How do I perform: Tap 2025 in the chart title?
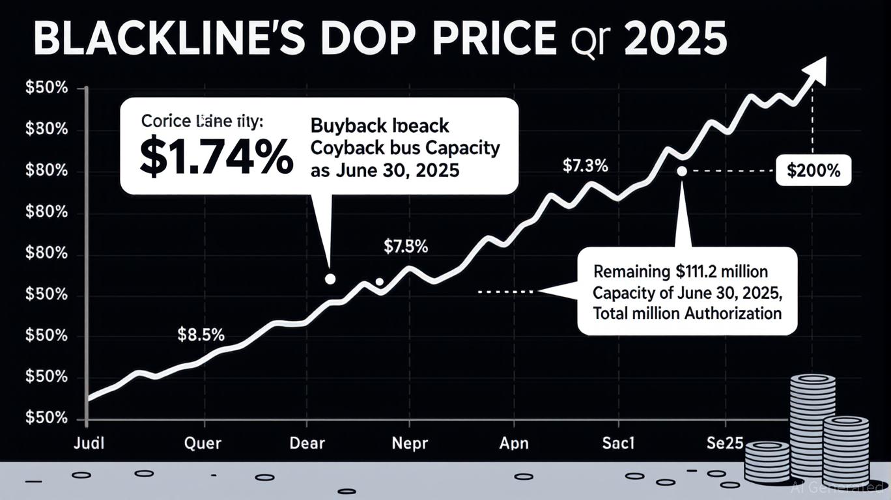click(675, 40)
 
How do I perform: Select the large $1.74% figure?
click(216, 159)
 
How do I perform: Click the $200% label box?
click(813, 172)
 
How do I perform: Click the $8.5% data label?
click(201, 335)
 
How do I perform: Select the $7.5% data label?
click(405, 247)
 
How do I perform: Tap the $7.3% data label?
click(585, 165)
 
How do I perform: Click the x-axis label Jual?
click(89, 443)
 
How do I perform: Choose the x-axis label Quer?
click(203, 443)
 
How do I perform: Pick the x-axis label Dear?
click(307, 443)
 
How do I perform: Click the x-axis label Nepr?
click(410, 443)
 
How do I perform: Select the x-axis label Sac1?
click(617, 443)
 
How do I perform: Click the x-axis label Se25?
click(724, 443)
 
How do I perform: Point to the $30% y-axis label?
click(46, 130)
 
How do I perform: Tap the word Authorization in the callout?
click(733, 313)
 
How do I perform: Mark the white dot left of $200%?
click(682, 171)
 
